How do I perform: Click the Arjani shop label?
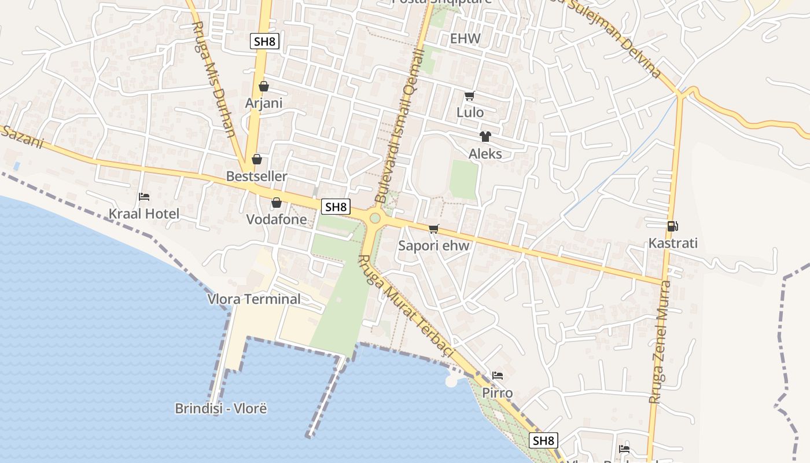click(x=264, y=103)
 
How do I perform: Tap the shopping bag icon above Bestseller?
click(x=256, y=159)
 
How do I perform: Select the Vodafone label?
click(x=277, y=219)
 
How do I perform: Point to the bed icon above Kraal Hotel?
click(x=144, y=197)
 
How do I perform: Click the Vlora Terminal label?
click(x=254, y=299)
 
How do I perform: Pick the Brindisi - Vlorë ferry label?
click(x=220, y=409)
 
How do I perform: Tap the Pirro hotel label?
click(x=498, y=393)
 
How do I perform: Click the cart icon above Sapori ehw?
click(x=434, y=229)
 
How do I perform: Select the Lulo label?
click(x=470, y=112)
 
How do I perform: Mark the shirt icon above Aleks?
click(x=485, y=137)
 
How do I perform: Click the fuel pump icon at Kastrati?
click(x=672, y=226)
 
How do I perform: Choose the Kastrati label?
click(x=673, y=243)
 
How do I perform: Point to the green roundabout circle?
click(x=375, y=218)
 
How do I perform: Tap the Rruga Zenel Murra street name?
click(x=661, y=341)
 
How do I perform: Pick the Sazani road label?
click(x=22, y=138)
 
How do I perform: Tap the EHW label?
click(x=465, y=39)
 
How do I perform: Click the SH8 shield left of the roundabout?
click(x=336, y=207)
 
